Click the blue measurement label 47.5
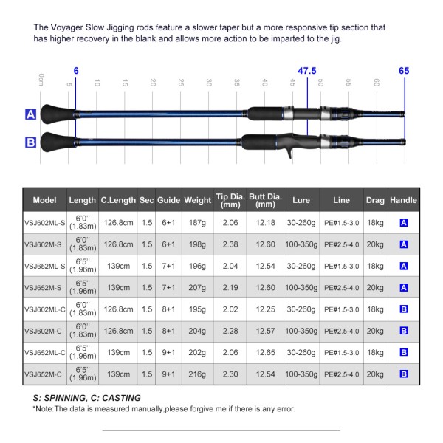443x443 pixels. [x=306, y=70]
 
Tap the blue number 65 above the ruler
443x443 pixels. [x=403, y=71]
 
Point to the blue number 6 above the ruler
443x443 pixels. [x=75, y=71]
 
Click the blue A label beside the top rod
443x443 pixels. [x=31, y=115]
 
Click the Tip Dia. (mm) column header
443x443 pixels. [x=230, y=199]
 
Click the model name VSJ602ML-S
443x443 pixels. [x=44, y=223]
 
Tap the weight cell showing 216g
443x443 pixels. [x=197, y=374]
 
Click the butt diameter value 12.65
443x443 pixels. [x=264, y=353]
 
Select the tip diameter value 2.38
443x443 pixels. [x=230, y=244]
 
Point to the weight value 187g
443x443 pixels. [x=197, y=223]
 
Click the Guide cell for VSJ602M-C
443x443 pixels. [x=168, y=332]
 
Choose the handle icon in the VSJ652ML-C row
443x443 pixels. [x=403, y=353]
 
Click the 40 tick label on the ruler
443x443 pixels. [x=264, y=83]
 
